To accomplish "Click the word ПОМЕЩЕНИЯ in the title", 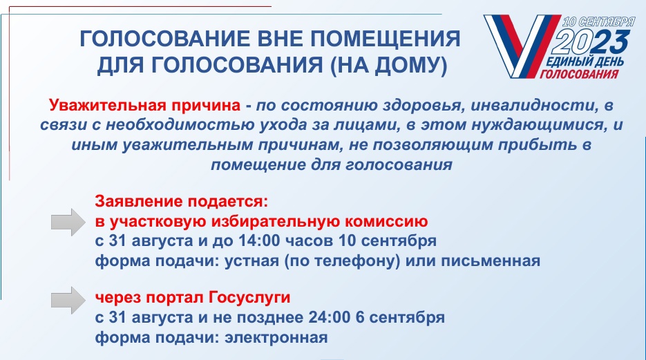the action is [385, 39].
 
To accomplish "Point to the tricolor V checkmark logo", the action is [520, 46].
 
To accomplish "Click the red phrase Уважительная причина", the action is [144, 106].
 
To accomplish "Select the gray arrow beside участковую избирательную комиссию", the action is [68, 222].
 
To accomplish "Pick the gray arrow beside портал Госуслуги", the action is [68, 301].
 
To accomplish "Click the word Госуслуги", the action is [249, 297].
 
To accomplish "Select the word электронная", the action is [276, 338].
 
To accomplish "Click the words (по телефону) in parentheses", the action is [342, 261].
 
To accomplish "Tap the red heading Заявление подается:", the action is [181, 202].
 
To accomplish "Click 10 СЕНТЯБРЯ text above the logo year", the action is [598, 22].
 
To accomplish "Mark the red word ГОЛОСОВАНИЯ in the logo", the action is [578, 74].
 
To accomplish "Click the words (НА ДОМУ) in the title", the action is [388, 66].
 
